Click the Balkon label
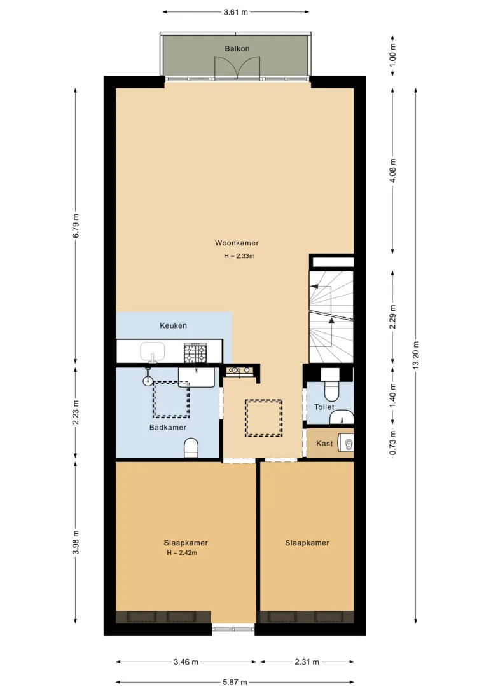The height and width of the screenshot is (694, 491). click(x=237, y=49)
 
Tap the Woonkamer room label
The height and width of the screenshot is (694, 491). click(x=237, y=243)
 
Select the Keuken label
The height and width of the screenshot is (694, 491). click(x=173, y=326)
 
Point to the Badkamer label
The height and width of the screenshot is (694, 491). click(x=168, y=428)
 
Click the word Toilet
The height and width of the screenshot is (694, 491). click(x=324, y=407)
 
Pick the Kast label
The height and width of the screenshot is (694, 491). click(x=324, y=444)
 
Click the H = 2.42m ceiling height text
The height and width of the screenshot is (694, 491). click(x=182, y=553)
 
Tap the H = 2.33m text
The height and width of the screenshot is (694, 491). click(x=239, y=256)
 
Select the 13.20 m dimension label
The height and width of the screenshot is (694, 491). click(x=415, y=355)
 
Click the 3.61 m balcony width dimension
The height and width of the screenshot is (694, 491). click(x=235, y=12)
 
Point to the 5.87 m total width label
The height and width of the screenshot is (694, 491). click(x=235, y=682)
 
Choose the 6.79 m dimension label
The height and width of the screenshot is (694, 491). click(x=76, y=226)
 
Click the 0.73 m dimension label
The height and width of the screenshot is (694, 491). click(x=392, y=443)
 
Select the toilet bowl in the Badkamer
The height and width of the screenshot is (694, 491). click(x=191, y=448)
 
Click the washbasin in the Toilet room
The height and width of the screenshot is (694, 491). click(x=342, y=416)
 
